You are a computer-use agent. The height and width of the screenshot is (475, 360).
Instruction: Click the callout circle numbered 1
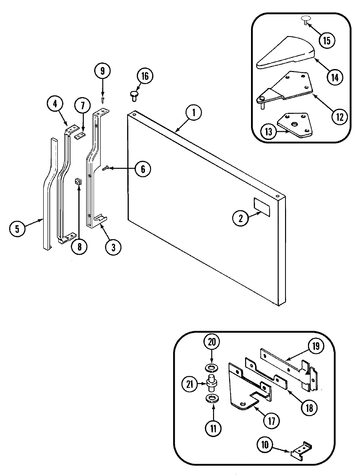tap(193, 113)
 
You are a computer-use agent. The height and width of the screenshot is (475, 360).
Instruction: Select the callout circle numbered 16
tap(145, 76)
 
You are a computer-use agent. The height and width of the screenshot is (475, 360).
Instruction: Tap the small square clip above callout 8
tap(78, 181)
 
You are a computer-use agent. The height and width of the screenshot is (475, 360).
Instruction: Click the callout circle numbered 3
tap(113, 247)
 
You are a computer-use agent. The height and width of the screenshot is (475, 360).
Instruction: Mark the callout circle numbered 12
tap(339, 117)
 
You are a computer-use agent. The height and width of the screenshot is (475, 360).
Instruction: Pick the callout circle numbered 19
tap(316, 346)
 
